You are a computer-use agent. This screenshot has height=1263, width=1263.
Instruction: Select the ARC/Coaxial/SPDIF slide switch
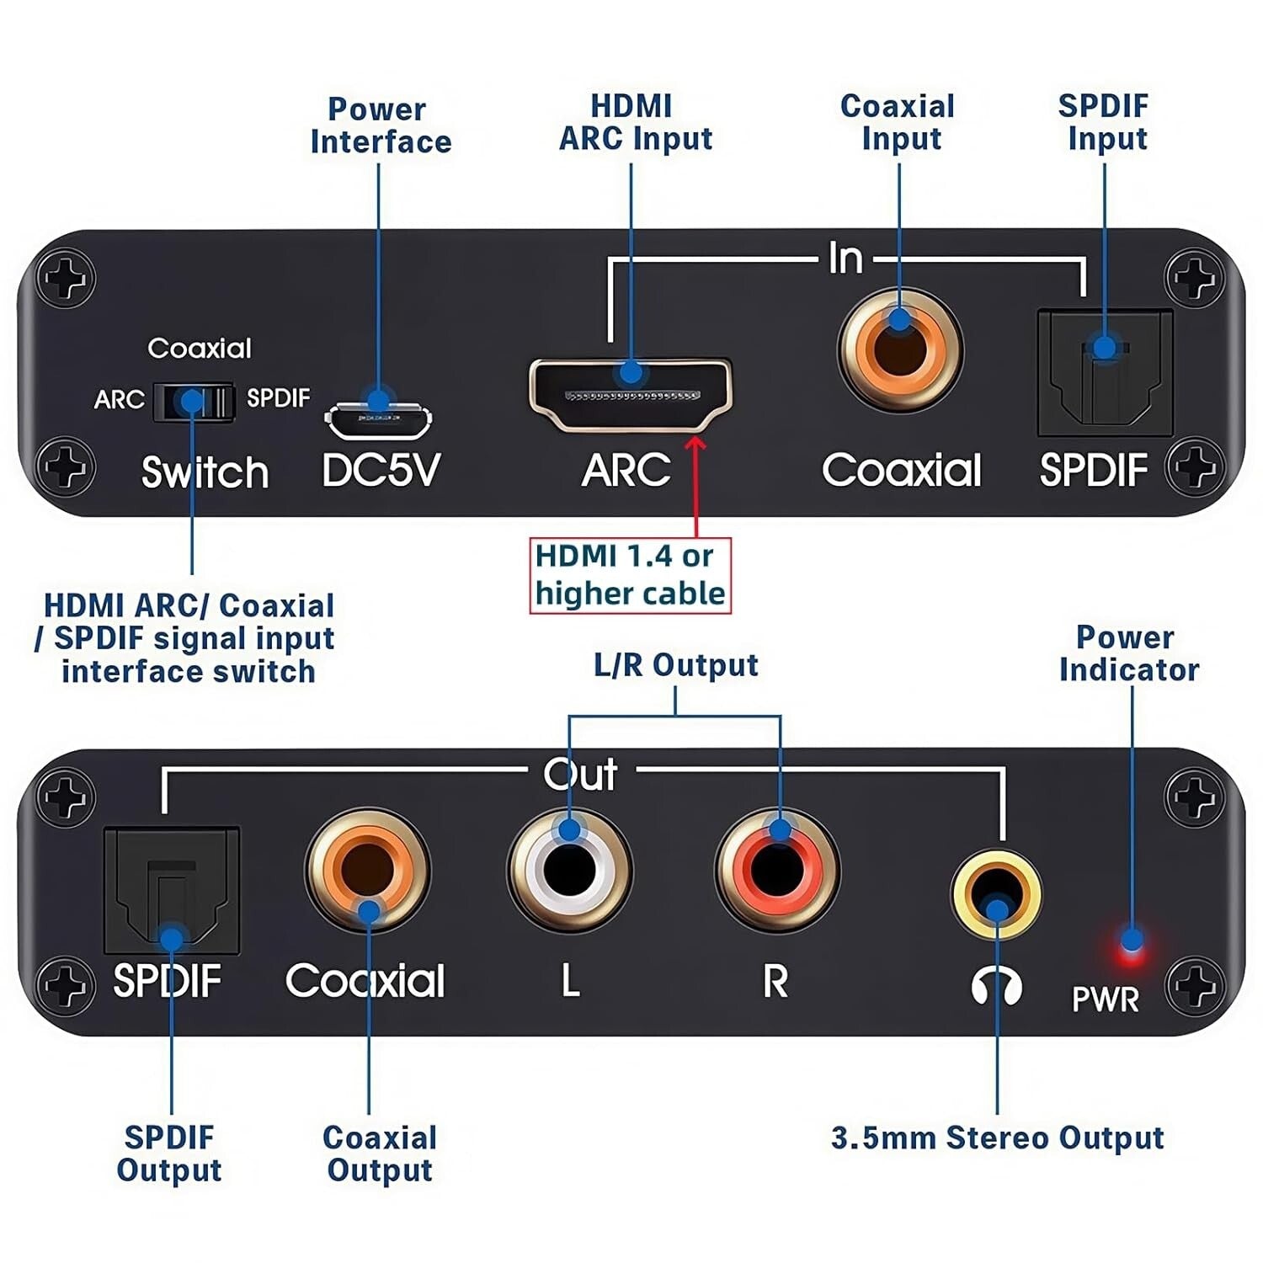193,402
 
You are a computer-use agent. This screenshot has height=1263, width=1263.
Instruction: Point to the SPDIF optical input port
1105,372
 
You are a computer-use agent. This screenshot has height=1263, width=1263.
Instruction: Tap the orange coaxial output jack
368,870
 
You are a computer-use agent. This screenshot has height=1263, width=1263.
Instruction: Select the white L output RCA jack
570,870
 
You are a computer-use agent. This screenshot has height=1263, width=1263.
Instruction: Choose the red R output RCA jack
777,870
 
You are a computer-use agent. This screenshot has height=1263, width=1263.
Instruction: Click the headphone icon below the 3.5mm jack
997,984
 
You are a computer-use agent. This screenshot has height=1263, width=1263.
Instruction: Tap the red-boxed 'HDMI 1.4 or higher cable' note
630,575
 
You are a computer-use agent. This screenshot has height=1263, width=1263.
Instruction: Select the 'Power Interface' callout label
380,125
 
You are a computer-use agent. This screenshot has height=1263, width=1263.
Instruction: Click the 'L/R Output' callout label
675,665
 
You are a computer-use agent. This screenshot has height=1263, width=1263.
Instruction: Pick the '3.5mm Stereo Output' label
997,1138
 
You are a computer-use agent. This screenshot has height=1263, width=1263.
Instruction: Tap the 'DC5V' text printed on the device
381,470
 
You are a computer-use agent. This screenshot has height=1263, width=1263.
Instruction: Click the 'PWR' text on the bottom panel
1105,999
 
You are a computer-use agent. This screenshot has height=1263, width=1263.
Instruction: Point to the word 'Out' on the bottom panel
580,774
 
